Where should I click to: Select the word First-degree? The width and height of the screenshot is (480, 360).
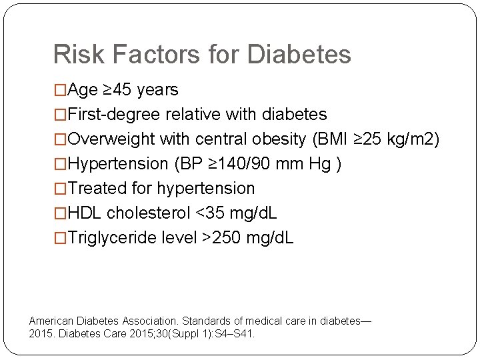(x=114, y=115)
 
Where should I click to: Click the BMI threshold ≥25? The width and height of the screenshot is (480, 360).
(x=367, y=139)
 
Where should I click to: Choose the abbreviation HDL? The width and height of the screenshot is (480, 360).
(x=85, y=213)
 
